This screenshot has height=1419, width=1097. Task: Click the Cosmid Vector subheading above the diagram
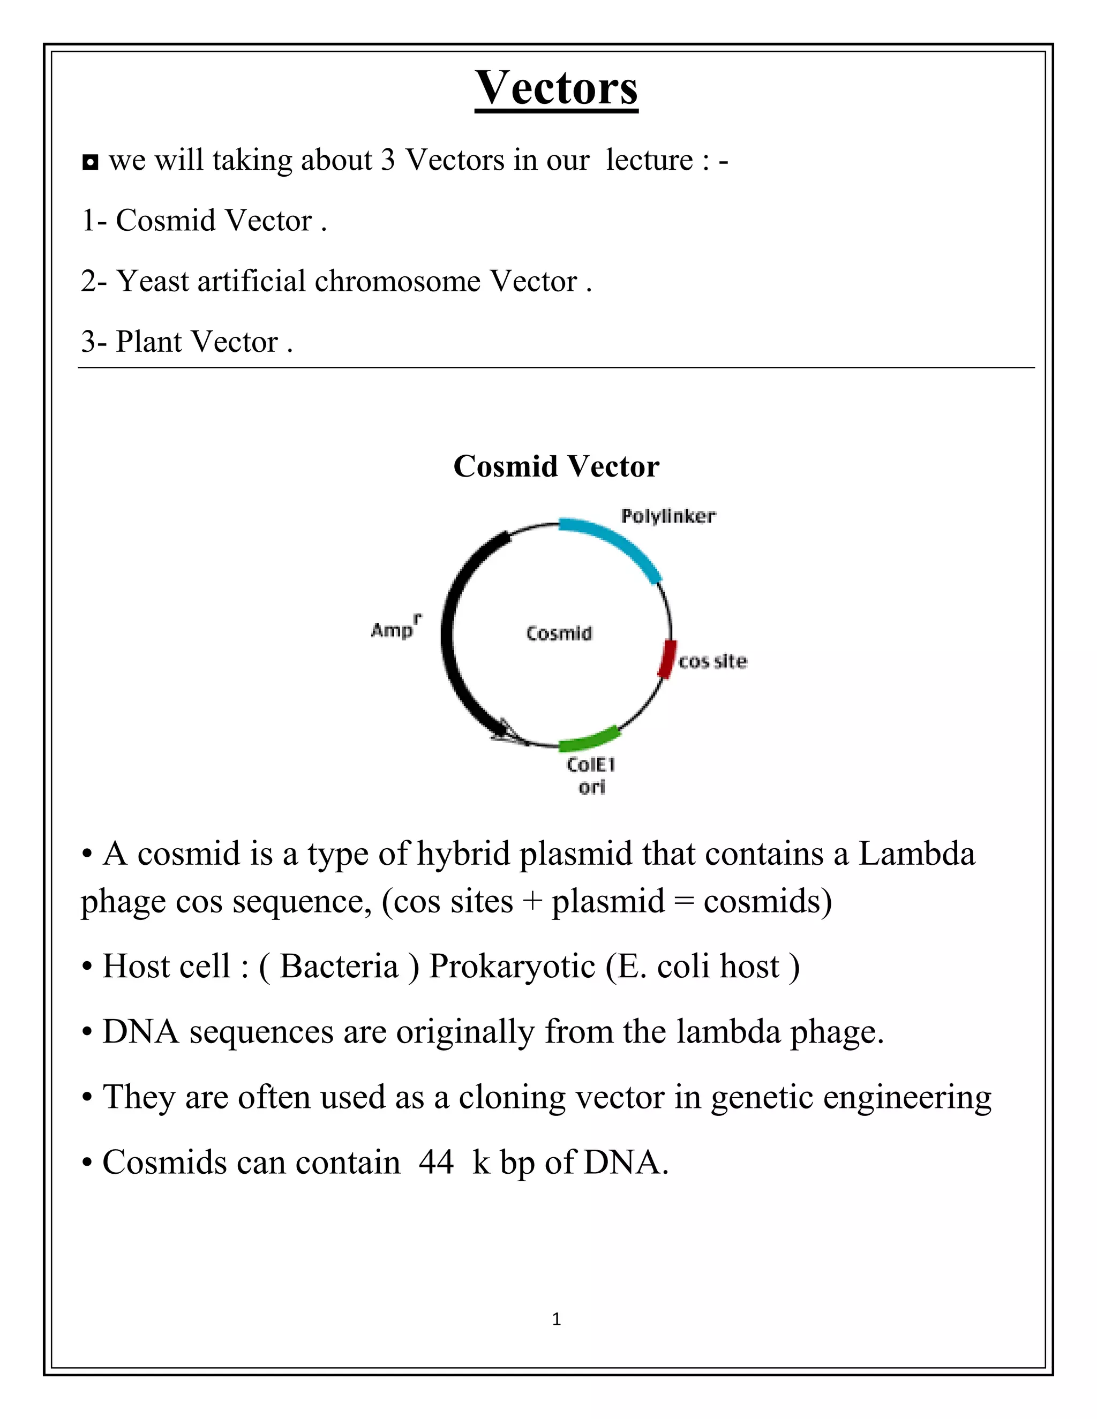(557, 466)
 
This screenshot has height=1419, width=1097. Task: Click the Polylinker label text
(668, 517)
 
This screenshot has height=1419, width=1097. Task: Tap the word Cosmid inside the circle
(559, 633)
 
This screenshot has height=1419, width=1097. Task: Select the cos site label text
(713, 661)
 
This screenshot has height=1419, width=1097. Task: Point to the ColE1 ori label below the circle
(591, 775)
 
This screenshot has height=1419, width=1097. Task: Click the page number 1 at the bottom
(557, 1319)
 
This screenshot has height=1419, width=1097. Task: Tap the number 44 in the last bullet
(436, 1162)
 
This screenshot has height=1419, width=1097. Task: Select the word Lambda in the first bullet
(916, 854)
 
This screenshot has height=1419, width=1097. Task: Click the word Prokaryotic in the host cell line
(512, 966)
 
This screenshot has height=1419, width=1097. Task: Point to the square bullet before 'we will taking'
(91, 162)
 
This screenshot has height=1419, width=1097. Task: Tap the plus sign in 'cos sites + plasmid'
(532, 902)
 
